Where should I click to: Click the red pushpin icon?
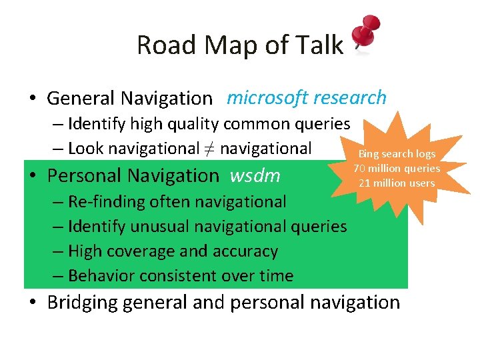pos(365,33)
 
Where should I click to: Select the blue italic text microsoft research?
pos(306,98)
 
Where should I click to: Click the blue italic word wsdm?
pos(255,176)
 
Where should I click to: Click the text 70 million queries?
pos(397,168)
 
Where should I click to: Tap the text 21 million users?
pos(397,183)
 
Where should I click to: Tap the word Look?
pos(85,149)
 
